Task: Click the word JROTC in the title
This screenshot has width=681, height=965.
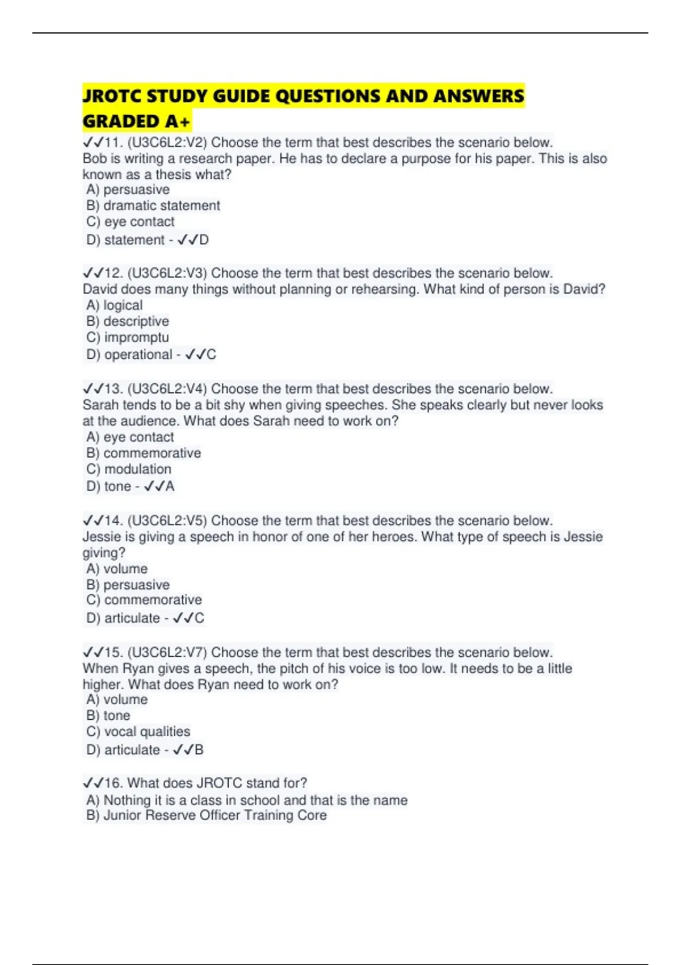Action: pyautogui.click(x=112, y=96)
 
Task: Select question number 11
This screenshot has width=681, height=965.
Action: pyautogui.click(x=113, y=142)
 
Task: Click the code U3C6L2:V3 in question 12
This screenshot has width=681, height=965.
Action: pyautogui.click(x=167, y=273)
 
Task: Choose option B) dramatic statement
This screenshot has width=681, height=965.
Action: pyautogui.click(x=153, y=205)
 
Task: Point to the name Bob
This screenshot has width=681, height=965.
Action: pyautogui.click(x=94, y=158)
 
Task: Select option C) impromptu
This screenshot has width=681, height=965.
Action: pyautogui.click(x=128, y=337)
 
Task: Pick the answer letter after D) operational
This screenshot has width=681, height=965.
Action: pyautogui.click(x=211, y=354)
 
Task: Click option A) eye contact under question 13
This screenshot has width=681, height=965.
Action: pyautogui.click(x=130, y=437)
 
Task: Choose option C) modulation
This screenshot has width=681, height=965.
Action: pyautogui.click(x=129, y=469)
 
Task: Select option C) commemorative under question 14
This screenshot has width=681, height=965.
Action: pyautogui.click(x=144, y=600)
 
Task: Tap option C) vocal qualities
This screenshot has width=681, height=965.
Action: pyautogui.click(x=138, y=731)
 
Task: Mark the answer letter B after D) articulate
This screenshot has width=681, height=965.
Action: pyautogui.click(x=199, y=750)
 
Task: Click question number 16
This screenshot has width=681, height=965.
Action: pyautogui.click(x=113, y=783)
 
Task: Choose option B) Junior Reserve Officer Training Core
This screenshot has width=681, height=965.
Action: pyautogui.click(x=207, y=815)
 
